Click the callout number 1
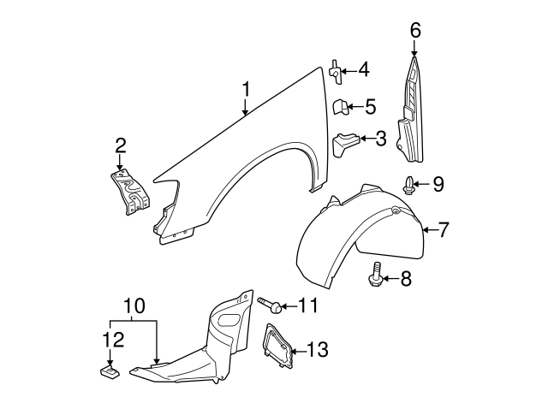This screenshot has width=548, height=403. tap(246, 89)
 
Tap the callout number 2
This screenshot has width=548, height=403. tap(121, 145)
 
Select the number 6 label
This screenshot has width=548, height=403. tap(415, 31)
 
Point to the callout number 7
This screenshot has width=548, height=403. tap(445, 229)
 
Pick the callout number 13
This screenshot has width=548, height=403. tap(317, 349)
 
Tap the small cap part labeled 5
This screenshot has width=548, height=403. tap(338, 107)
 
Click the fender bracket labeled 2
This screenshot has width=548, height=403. tap(128, 193)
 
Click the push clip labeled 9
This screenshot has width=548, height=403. tap(409, 182)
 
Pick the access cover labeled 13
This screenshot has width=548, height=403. tap(277, 347)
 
